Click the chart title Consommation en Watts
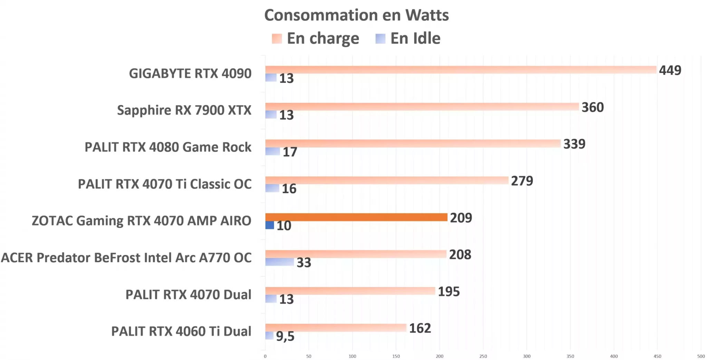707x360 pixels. pos(356,15)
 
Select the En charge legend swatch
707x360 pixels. pos(277,38)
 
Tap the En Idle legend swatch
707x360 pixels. pos(380,38)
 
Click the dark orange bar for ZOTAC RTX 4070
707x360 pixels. pos(356,217)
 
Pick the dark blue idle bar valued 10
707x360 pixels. pos(269,225)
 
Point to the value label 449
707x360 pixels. pos(670,70)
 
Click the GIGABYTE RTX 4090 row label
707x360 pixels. pos(190,74)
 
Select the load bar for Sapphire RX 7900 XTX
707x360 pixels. pos(422,106)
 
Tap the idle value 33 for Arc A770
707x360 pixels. pos(304,263)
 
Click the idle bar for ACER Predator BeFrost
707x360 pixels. pos(279,262)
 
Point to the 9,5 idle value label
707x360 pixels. pos(285,336)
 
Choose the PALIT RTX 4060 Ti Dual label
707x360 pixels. pos(181,331)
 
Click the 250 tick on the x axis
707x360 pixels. pos(483,356)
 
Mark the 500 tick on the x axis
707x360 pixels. pos(701,356)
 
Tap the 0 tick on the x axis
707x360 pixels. pos(265,356)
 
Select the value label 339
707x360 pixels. pos(574,144)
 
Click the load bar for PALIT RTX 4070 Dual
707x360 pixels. pos(350,291)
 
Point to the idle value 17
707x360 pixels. pos(290,152)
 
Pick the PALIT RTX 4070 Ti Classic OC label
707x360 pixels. pos(165,184)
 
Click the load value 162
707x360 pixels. pos(420,328)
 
